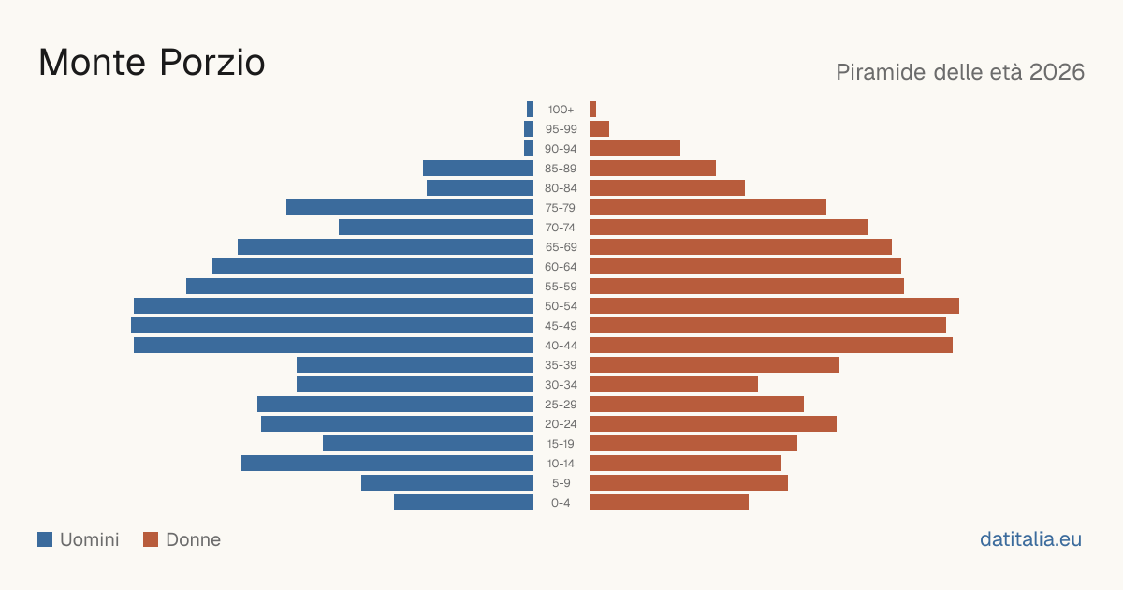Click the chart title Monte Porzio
(x=152, y=63)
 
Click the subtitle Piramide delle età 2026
(x=960, y=72)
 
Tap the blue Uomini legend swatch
(x=45, y=539)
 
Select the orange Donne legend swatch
(x=151, y=539)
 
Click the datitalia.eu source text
(x=1030, y=539)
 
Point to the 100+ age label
(x=561, y=110)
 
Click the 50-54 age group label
(x=561, y=306)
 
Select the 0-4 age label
(x=561, y=503)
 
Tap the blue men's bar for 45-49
(x=332, y=326)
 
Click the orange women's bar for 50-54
(x=774, y=306)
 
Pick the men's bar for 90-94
(x=529, y=149)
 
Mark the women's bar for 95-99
(x=599, y=129)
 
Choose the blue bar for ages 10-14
(x=387, y=463)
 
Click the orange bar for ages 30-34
(x=674, y=385)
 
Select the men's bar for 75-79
(x=410, y=208)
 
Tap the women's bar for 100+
(x=592, y=110)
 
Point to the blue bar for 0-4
(x=463, y=503)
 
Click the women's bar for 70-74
(x=729, y=228)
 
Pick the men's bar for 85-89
(x=478, y=168)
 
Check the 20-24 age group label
(x=561, y=424)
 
